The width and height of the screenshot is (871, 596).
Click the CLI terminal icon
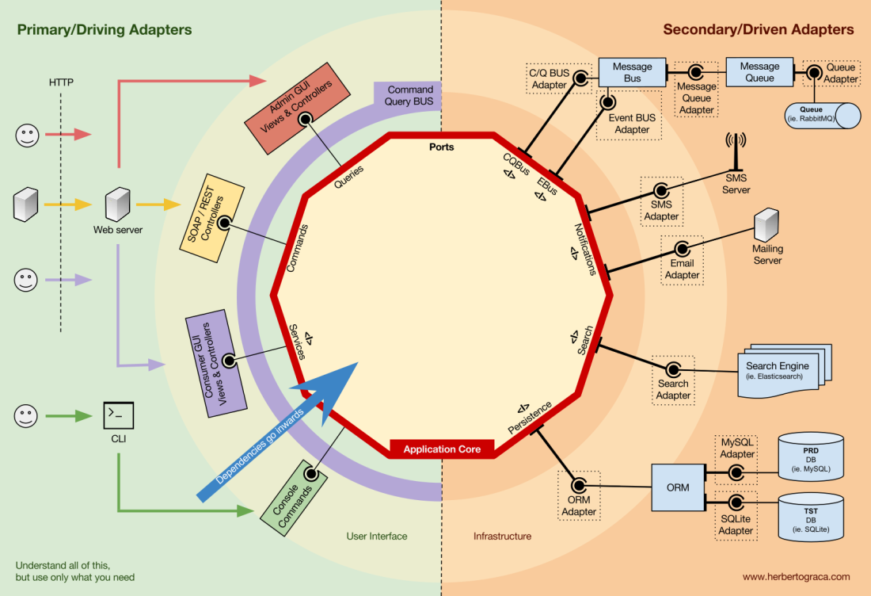click(x=118, y=415)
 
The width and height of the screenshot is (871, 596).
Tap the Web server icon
click(x=117, y=205)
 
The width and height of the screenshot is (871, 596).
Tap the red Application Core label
click(x=441, y=449)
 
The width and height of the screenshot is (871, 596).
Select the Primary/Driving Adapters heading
click(x=104, y=30)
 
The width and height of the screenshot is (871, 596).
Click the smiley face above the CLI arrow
click(x=27, y=415)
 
